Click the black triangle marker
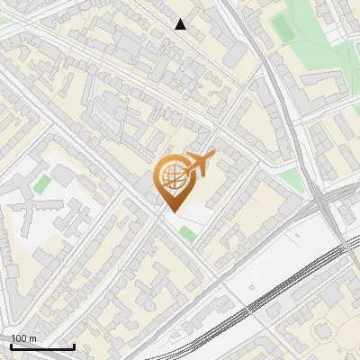tap(181, 24)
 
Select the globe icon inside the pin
tap(171, 176)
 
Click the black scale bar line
tap(42, 346)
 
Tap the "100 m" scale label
tap(23, 338)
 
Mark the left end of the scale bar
tap(11, 346)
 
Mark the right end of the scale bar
tap(74, 346)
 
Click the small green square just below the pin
tap(187, 234)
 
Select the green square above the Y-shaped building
tap(42, 184)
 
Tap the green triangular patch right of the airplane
tap(290, 180)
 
